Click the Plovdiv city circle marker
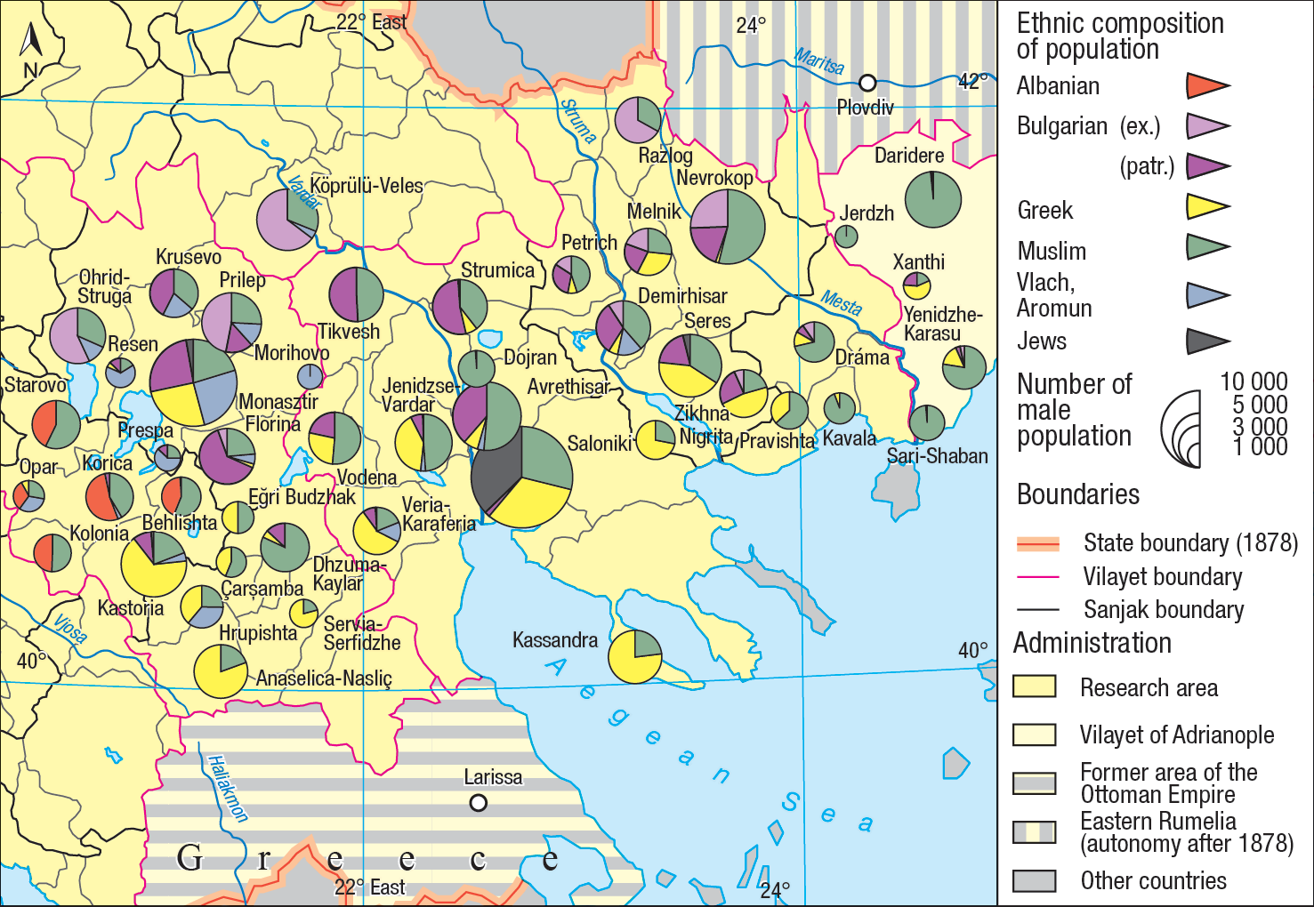867,84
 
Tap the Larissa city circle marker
478,803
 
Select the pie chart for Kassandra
634,657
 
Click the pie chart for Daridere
932,199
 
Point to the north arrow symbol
30,49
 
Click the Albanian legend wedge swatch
1206,86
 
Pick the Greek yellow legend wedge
1206,207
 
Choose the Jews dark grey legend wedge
1206,341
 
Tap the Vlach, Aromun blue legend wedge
1206,295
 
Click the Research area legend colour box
1034,686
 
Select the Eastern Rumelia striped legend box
1034,832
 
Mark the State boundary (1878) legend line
1037,543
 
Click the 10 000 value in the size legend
1253,381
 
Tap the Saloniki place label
599,443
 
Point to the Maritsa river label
819,62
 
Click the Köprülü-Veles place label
367,186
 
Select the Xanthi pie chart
916,285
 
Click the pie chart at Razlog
637,120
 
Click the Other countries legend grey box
1034,880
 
